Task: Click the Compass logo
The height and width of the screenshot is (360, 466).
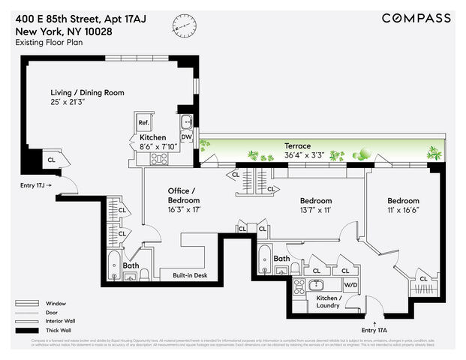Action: coord(416,18)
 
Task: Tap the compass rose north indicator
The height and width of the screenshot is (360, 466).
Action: coord(184,24)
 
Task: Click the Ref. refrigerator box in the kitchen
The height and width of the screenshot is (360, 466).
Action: coord(143,122)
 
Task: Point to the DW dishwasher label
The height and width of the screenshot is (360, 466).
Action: coord(186,136)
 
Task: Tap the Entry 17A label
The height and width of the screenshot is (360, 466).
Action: coord(374,329)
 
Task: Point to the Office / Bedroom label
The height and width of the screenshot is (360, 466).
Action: coord(184,195)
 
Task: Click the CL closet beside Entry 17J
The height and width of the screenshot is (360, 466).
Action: coord(52,160)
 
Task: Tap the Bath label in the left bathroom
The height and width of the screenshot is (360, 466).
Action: coord(131,265)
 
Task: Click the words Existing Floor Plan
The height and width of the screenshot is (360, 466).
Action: coord(48,43)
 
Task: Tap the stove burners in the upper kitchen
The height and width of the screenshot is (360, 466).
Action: coord(159,158)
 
